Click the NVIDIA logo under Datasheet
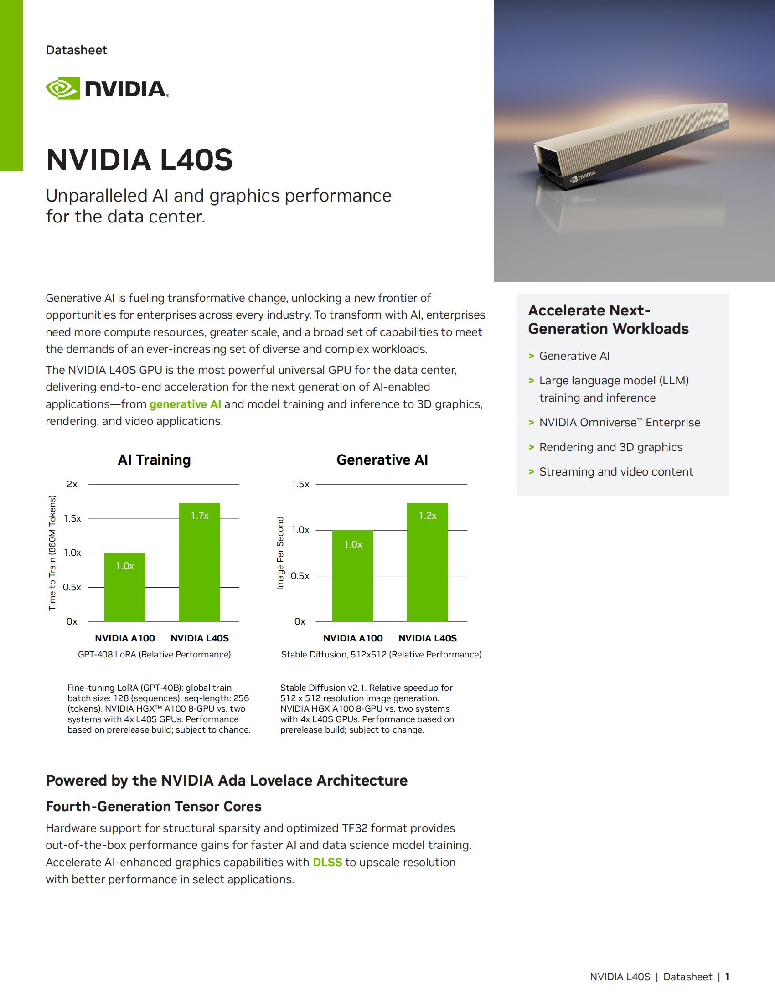click(107, 88)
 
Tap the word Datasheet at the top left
click(76, 50)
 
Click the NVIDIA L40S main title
click(139, 160)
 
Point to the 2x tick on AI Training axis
click(72, 484)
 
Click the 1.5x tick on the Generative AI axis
click(300, 484)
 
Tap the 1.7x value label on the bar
click(200, 516)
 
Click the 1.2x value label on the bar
click(428, 516)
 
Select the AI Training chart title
click(154, 460)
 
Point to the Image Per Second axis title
click(280, 553)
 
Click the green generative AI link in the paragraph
click(185, 404)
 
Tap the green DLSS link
click(327, 862)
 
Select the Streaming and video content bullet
click(616, 472)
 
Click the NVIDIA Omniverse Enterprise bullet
click(620, 423)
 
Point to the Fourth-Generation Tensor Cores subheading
click(153, 807)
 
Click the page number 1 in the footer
click(727, 977)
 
